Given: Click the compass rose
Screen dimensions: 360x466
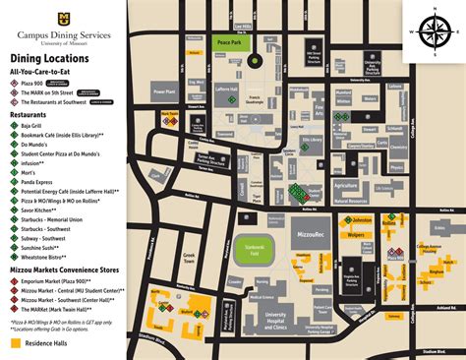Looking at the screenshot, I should point(433,30).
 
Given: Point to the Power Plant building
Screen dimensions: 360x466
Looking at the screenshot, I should point(164,91).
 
